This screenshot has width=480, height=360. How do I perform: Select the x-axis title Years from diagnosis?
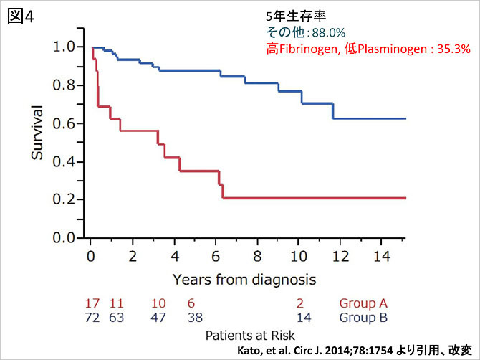pos(244,277)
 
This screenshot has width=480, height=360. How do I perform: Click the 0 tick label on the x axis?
pos(90,256)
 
